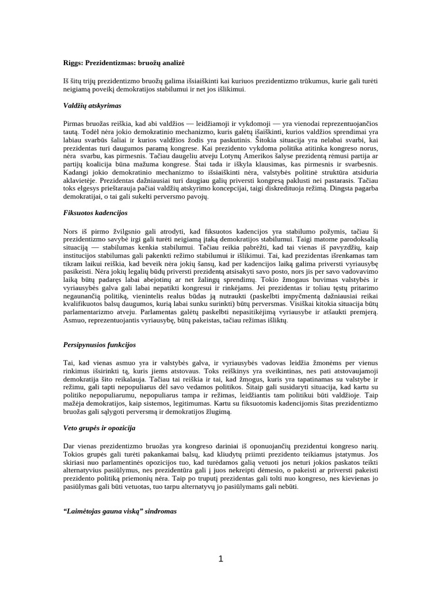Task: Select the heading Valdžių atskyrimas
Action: click(92, 106)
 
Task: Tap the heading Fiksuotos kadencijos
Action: click(95, 212)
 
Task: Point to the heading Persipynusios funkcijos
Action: click(99, 345)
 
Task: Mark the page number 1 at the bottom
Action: click(220, 559)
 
